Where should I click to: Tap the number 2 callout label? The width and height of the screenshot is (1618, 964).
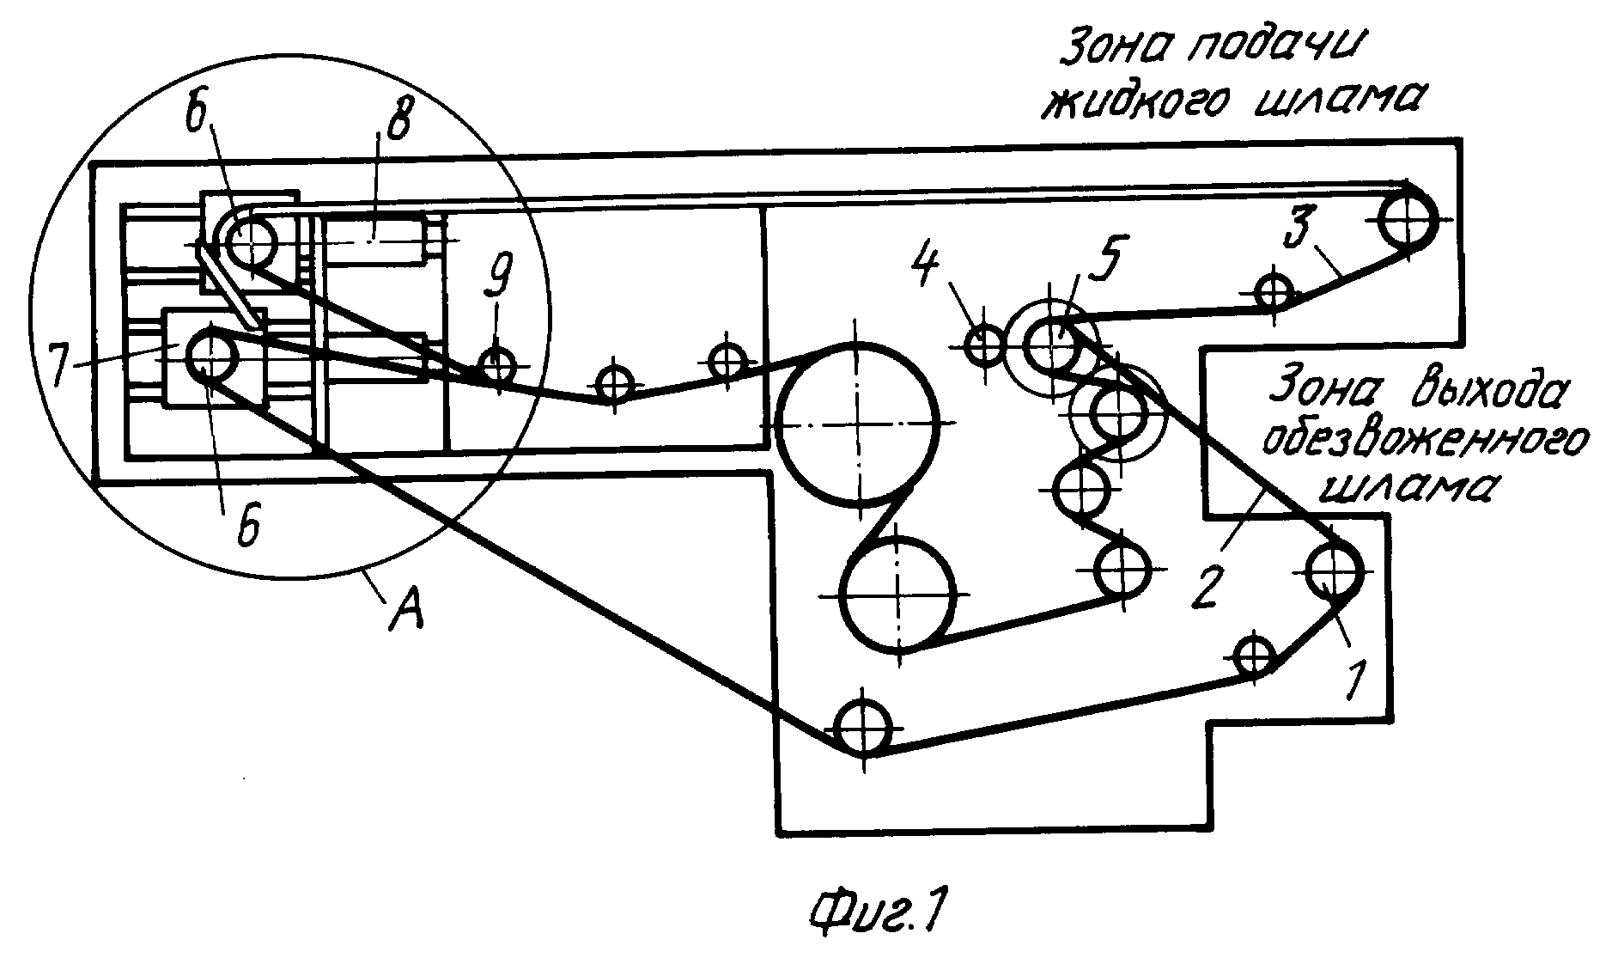(1207, 588)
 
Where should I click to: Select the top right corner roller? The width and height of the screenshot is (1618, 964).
(1408, 220)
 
